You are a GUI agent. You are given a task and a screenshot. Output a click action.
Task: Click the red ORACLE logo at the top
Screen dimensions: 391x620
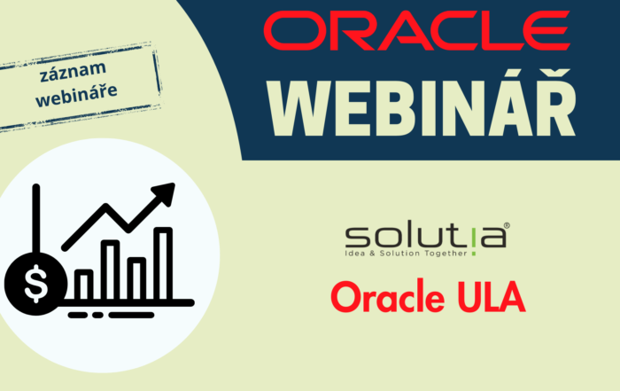click(417, 33)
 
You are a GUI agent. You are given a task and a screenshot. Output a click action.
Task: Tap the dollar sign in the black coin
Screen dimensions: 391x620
click(36, 284)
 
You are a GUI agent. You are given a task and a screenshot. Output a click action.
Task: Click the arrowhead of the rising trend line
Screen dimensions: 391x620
click(164, 194)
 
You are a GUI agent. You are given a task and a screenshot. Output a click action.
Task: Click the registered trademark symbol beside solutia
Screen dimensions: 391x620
click(506, 226)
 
